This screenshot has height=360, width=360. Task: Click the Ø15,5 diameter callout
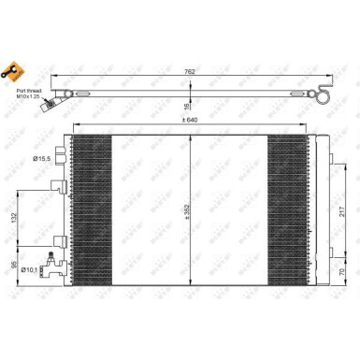42,159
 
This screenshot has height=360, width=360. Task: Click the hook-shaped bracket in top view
323,93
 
